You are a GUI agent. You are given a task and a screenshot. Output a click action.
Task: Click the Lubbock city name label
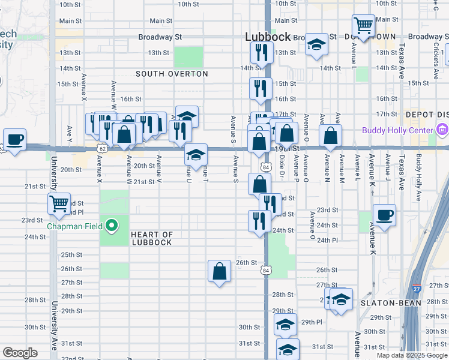(268, 37)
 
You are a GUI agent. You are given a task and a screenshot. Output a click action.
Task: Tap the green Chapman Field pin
(111, 226)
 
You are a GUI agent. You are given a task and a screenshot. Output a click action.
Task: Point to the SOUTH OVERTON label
(172, 74)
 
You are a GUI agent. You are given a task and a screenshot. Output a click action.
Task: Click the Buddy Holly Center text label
(397, 130)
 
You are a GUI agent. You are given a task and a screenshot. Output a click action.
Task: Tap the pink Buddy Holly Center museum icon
(443, 130)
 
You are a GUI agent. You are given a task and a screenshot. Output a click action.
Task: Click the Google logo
(19, 353)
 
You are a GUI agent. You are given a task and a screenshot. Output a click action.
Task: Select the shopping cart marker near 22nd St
(59, 205)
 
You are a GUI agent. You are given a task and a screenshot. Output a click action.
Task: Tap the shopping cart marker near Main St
(363, 26)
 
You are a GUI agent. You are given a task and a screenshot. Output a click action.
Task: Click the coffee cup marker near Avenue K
(384, 215)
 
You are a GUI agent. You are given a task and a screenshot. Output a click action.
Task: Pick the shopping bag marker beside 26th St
(220, 271)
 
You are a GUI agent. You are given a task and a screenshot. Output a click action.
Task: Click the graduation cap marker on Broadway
(316, 45)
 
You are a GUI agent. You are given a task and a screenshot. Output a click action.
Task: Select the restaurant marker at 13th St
(261, 53)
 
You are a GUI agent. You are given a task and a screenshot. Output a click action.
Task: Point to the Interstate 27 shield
(433, 288)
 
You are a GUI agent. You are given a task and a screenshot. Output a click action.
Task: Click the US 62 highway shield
(103, 148)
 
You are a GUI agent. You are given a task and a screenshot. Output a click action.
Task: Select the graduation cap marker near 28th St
(341, 299)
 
